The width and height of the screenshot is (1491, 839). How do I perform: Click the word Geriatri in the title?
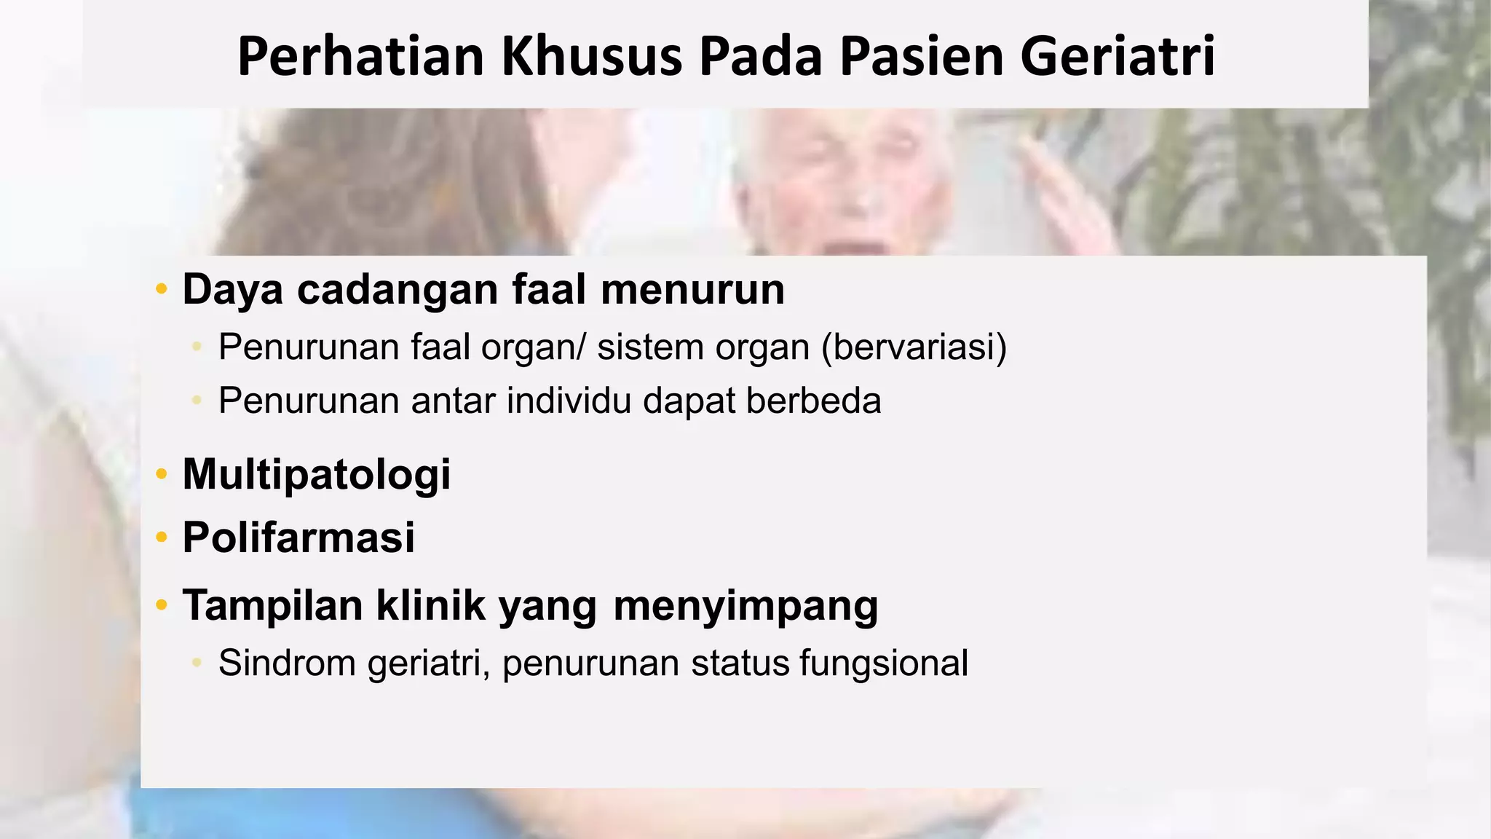pos(1118,56)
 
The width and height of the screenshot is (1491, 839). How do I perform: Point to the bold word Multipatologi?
pos(317,475)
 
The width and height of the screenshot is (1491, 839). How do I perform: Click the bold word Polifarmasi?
pos(298,537)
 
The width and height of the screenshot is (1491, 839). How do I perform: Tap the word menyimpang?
pos(745,606)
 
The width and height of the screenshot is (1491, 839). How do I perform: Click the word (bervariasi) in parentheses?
pos(914,347)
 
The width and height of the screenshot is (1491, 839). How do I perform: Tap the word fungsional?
pos(884,663)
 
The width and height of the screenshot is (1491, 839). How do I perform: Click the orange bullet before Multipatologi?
pos(162,475)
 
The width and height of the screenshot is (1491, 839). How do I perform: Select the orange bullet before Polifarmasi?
pos(162,538)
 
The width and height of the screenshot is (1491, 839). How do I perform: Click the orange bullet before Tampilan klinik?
pos(162,605)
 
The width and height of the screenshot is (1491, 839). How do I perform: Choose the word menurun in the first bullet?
pos(692,290)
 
